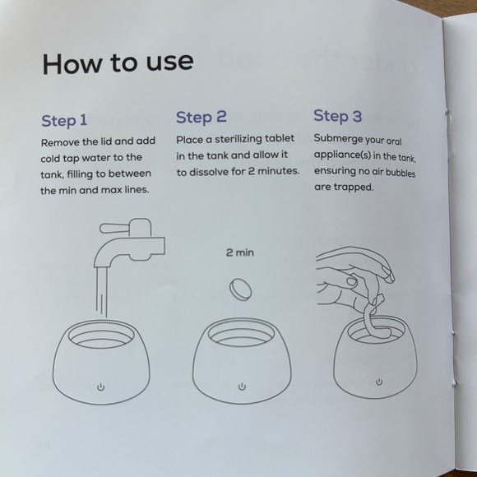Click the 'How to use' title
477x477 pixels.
click(x=118, y=63)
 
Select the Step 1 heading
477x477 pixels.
click(x=64, y=120)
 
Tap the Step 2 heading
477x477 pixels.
click(x=201, y=117)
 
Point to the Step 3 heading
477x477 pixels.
click(x=338, y=116)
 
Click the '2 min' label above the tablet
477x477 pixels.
click(x=239, y=252)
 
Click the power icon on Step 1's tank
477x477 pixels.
click(x=100, y=387)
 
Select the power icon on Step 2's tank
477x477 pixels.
click(x=242, y=387)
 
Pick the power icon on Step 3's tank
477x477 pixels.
click(x=379, y=382)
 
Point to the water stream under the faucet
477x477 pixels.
click(x=102, y=292)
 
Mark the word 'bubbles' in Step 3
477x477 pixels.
click(x=401, y=173)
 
